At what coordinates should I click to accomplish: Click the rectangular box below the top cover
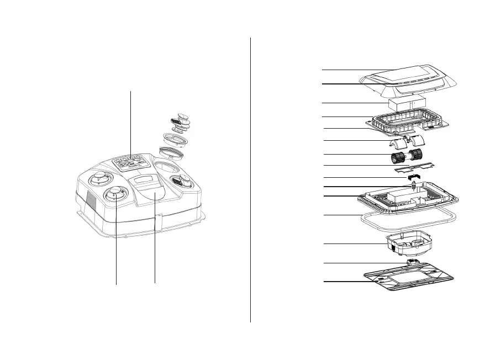click(409, 103)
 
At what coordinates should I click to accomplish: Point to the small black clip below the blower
click(412, 178)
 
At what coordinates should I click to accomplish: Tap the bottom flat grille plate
click(409, 279)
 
